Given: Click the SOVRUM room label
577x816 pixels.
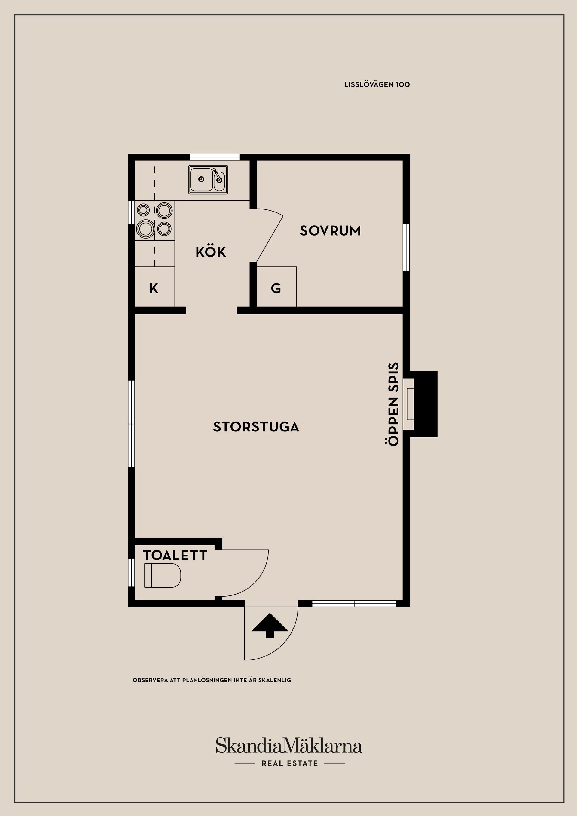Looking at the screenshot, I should pos(330,231).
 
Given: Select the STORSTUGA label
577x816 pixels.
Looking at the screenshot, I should pos(256,427).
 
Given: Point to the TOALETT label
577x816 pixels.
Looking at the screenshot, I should pos(175,555).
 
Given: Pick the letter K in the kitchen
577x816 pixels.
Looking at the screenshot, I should pos(154,289).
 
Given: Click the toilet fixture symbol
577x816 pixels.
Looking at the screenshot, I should pos(163,575).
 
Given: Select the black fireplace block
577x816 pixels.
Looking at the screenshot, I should pos(426,404).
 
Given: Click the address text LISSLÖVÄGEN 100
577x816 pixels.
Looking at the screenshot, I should pos(377,85).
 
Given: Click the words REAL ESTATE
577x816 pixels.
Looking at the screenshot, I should pos(290,763).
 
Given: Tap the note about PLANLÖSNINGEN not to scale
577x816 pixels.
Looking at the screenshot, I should pos(212,680).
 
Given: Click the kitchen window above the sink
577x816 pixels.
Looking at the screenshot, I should pos(214,157).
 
